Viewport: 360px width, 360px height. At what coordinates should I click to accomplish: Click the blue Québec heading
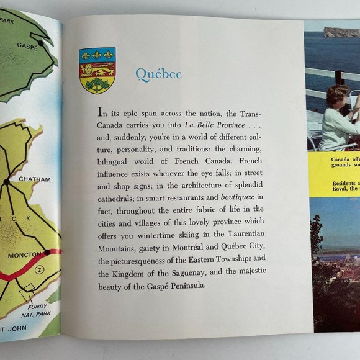click(158, 74)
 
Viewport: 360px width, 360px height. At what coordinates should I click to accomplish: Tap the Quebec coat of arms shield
click(97, 70)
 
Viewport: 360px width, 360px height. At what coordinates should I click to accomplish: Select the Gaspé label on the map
click(27, 46)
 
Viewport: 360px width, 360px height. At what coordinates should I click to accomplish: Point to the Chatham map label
click(34, 179)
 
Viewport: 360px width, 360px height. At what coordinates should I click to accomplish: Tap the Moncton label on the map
click(24, 255)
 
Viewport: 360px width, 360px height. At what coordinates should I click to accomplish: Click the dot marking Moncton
click(47, 252)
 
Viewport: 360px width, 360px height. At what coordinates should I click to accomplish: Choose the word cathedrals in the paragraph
click(117, 197)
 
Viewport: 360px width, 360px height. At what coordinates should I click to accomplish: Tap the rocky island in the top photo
click(341, 31)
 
